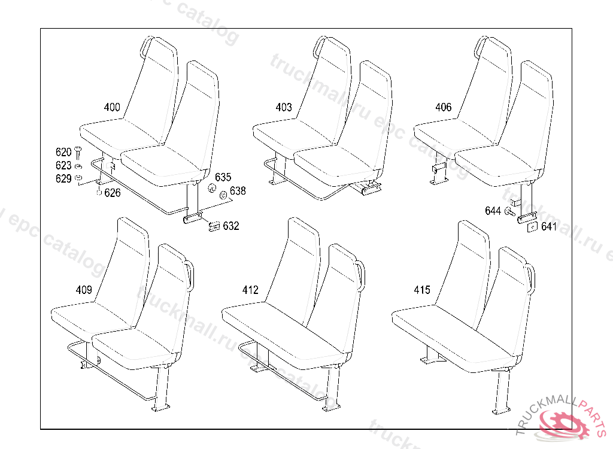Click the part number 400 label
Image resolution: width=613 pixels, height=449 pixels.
112,108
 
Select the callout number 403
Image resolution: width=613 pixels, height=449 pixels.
284,108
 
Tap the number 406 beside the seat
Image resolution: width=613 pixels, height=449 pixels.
444,108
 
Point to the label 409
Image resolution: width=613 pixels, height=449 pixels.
84,290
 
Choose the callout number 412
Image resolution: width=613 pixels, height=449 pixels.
250,290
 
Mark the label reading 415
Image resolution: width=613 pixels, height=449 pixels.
422,290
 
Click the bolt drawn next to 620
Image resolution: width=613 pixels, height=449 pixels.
78,154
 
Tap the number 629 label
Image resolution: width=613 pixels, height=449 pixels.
63,178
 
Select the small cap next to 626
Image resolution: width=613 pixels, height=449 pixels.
98,193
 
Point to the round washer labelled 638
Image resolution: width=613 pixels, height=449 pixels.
223,195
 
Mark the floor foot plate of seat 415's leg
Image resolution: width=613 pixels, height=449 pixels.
499,412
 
